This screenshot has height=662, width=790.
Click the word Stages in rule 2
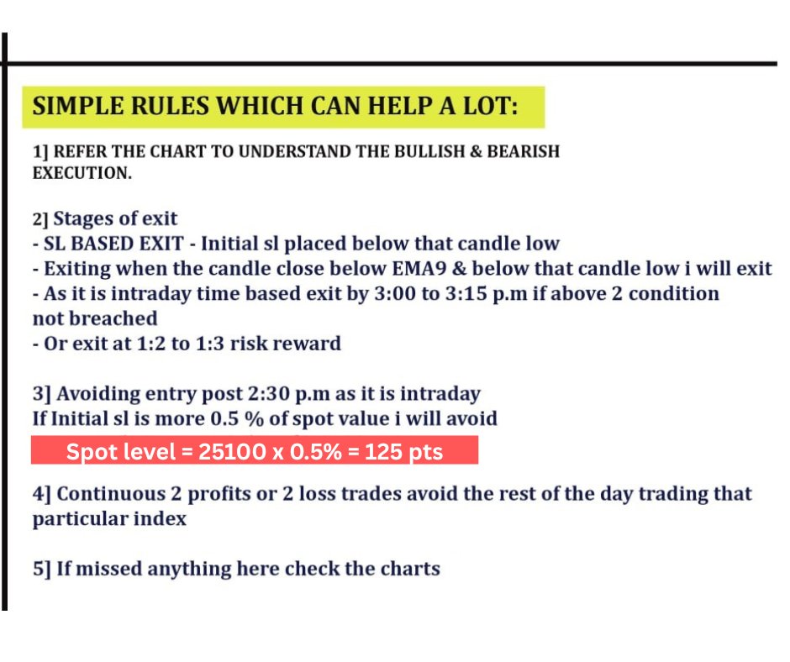pyautogui.click(x=82, y=219)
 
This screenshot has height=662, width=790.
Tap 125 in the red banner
pyautogui.click(x=381, y=451)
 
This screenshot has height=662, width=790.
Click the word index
pyautogui.click(x=160, y=518)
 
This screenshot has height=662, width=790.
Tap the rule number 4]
pyautogui.click(x=42, y=493)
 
